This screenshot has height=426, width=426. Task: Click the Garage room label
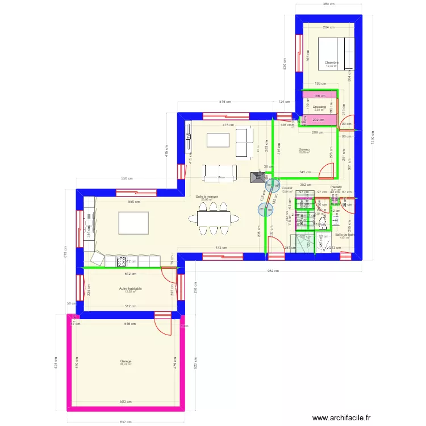pyautogui.click(x=126, y=361)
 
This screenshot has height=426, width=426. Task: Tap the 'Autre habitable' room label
pyautogui.click(x=131, y=289)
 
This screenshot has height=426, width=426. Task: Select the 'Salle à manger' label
pyautogui.click(x=206, y=196)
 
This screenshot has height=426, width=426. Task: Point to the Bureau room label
pyautogui.click(x=305, y=150)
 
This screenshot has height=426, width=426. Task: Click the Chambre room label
pyautogui.click(x=332, y=62)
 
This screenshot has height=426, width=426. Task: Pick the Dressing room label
pyautogui.click(x=319, y=107)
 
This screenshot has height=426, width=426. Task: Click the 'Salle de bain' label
pyautogui.click(x=345, y=235)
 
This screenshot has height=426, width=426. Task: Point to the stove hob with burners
pyautogui.click(x=121, y=261)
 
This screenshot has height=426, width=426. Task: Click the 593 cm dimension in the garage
pyautogui.click(x=128, y=402)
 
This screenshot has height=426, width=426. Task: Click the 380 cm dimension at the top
pyautogui.click(x=328, y=4)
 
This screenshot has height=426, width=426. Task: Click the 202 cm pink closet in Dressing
pyautogui.click(x=318, y=120)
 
